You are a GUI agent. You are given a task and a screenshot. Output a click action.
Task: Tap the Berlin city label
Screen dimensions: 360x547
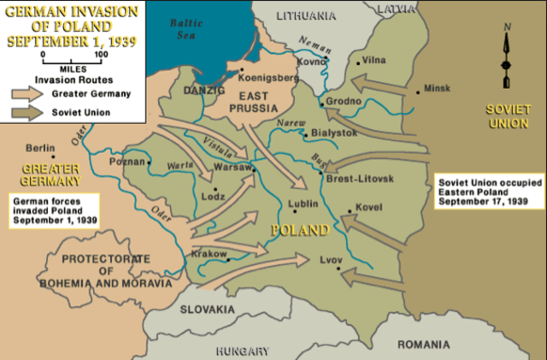40,147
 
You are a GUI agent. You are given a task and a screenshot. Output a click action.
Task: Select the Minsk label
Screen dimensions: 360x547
437,88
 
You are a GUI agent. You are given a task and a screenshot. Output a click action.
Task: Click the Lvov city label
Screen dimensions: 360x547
330,258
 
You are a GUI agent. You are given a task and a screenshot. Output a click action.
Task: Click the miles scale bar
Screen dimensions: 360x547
72,61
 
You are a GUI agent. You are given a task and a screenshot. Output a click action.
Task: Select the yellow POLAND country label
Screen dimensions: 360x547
299,231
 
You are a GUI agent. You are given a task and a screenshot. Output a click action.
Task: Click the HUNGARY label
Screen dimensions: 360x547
243,351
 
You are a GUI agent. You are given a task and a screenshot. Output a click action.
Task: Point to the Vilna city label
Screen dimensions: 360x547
373,60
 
